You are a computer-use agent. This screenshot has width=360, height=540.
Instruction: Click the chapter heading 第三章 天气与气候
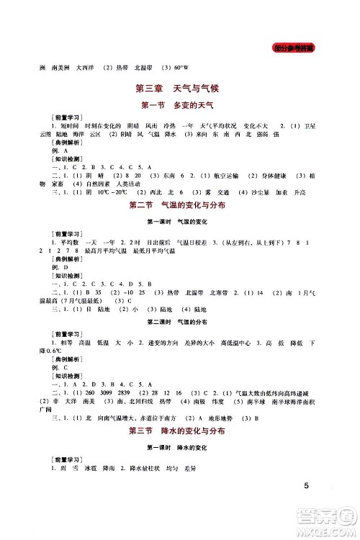tap(180, 90)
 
